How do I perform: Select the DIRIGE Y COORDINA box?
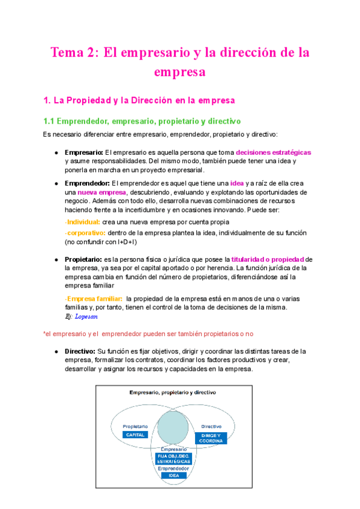coord(210,438)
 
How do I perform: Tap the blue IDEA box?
coord(173,475)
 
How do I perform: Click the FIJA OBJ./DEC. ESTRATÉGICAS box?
coord(173,459)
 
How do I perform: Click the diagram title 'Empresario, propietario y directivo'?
coord(173,392)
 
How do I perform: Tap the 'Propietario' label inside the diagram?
coord(135,426)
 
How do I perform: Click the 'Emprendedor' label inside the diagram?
coord(173,468)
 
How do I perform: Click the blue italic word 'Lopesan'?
coord(86,316)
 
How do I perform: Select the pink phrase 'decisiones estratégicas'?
coord(274,152)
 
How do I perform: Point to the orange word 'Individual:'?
coord(82,222)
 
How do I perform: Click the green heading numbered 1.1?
coord(142,121)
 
